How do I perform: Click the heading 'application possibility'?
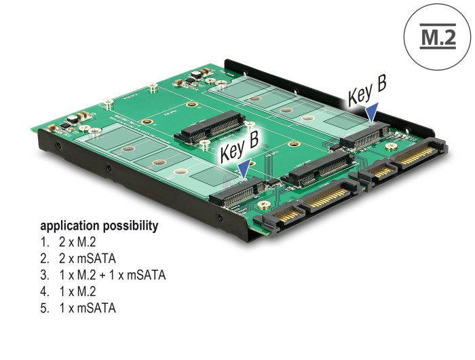pyautogui.click(x=99, y=226)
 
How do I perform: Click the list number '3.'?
pyautogui.click(x=45, y=275)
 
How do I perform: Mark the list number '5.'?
pyautogui.click(x=45, y=308)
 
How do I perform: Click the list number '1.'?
pyautogui.click(x=45, y=242)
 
